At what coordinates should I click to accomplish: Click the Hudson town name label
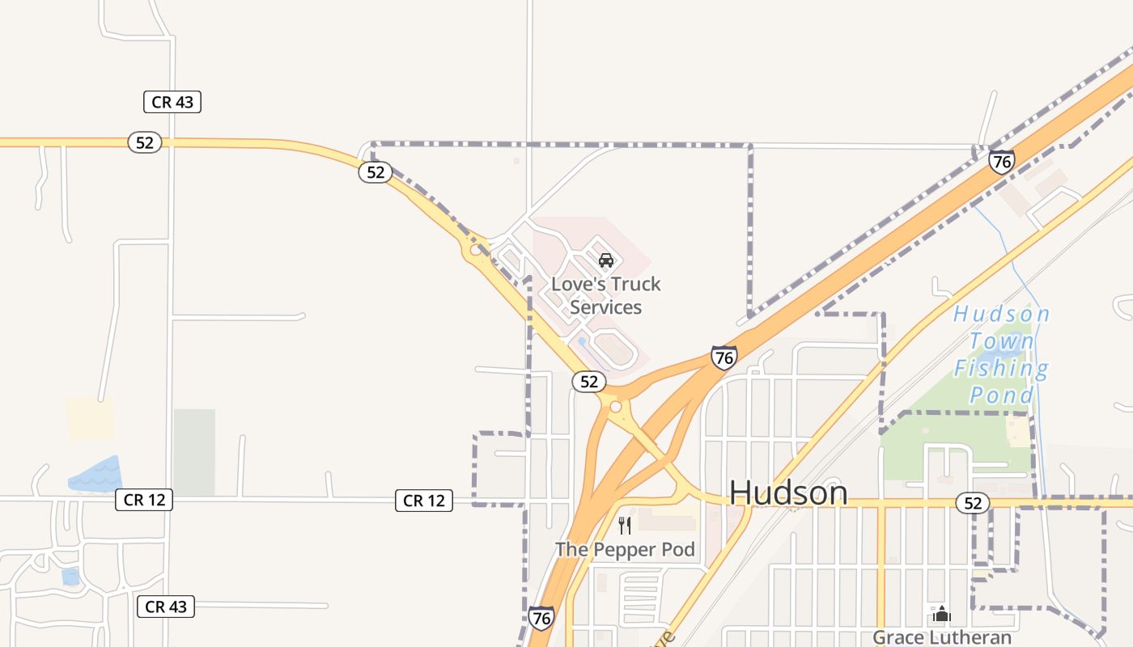point(788,493)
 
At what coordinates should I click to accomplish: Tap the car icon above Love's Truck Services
point(606,260)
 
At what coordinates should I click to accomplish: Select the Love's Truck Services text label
point(606,295)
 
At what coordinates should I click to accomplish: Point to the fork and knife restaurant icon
point(625,526)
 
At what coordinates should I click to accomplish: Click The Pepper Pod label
point(625,550)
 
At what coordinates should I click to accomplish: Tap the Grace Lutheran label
point(942,637)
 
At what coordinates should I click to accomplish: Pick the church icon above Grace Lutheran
point(941,613)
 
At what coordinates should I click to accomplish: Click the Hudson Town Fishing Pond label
point(1002,354)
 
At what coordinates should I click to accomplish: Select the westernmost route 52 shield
point(145,142)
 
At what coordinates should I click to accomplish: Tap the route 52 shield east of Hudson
point(973,503)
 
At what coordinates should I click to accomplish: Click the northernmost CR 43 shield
point(172,102)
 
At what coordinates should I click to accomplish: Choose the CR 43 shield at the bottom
point(166,607)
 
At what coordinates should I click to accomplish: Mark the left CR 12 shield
point(145,500)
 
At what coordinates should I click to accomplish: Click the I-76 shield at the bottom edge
point(541,619)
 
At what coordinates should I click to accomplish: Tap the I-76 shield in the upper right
point(1002,162)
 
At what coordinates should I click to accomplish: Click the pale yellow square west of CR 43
point(90,419)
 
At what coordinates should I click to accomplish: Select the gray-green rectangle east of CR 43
point(194,451)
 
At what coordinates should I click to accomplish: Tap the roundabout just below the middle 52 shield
point(616,406)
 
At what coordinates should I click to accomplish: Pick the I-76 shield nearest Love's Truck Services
point(724,357)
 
